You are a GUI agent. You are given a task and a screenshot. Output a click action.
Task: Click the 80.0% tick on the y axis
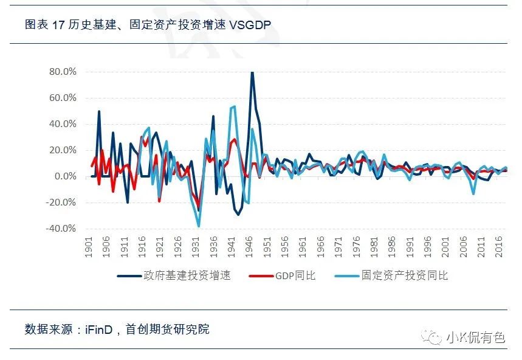63,72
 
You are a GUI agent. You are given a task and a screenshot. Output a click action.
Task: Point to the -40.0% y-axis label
61,229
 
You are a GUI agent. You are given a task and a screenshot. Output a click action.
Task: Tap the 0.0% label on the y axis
65,176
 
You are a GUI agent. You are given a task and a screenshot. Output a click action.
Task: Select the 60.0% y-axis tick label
63,98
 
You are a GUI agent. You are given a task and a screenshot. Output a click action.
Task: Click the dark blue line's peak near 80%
252,73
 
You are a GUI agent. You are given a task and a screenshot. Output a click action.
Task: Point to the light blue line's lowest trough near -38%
199,226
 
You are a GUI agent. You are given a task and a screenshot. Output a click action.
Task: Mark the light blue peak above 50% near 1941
234,107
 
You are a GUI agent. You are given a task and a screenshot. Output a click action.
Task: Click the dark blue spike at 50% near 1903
99,111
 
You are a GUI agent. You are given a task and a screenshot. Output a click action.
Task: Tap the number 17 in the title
58,24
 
